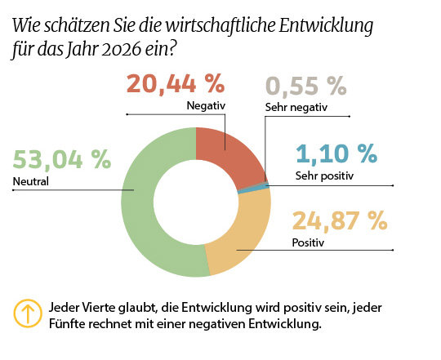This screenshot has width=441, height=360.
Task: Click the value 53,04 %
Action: tap(62, 159)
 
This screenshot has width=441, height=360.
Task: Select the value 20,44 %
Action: tap(175, 83)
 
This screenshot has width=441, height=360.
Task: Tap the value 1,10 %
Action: tap(336, 153)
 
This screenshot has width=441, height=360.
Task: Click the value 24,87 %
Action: tap(339, 220)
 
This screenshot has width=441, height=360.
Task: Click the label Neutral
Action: tap(31, 181)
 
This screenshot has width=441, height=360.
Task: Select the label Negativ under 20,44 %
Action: tap(205, 105)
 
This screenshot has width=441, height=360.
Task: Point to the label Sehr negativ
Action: tap(295, 108)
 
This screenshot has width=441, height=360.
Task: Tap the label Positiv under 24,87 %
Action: tap(308, 242)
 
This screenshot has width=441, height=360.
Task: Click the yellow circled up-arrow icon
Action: tap(27, 314)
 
